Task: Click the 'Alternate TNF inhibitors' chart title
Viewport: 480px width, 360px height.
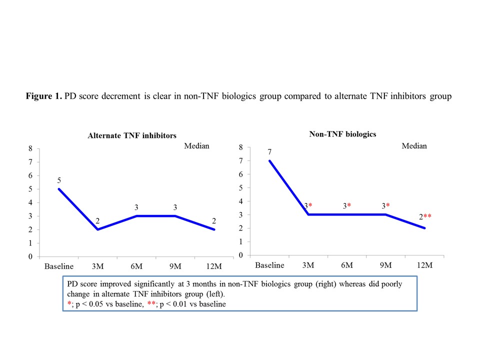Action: tap(132, 135)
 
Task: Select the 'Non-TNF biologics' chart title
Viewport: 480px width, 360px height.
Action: tap(342, 134)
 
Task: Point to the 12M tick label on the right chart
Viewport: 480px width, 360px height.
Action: tap(424, 265)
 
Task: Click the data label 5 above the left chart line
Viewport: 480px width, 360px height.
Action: tap(59, 180)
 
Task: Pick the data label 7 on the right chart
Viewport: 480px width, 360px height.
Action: tap(269, 151)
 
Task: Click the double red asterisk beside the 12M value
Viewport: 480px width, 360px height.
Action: tap(429, 216)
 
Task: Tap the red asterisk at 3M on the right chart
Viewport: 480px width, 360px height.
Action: tap(310, 206)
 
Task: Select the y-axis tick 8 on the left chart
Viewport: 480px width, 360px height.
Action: tap(30, 148)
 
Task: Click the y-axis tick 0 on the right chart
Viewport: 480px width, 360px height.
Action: tap(241, 255)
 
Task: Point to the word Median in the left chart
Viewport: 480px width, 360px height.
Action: tap(196, 146)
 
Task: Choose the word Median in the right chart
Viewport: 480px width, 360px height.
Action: tap(414, 146)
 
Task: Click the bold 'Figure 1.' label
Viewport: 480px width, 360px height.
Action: tap(43, 96)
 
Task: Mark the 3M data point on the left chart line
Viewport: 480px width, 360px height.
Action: tap(97, 229)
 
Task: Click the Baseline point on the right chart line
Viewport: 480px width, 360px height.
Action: tap(269, 160)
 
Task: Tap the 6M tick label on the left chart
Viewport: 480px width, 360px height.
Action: tap(136, 265)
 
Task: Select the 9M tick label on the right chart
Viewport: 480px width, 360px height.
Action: tap(385, 265)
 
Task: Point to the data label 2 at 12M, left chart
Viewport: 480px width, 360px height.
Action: tap(214, 220)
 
